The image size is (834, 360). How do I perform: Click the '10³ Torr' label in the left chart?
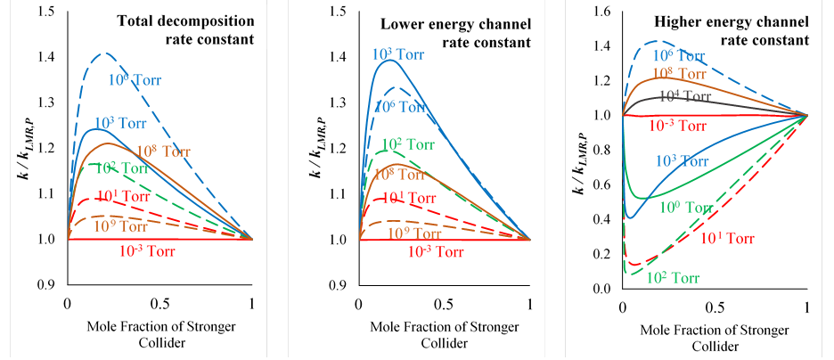click(121, 123)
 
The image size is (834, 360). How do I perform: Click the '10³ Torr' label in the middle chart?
click(399, 54)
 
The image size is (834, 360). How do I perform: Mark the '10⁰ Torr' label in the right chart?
click(686, 208)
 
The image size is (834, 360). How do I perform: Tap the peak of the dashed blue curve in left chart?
click(104, 53)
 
